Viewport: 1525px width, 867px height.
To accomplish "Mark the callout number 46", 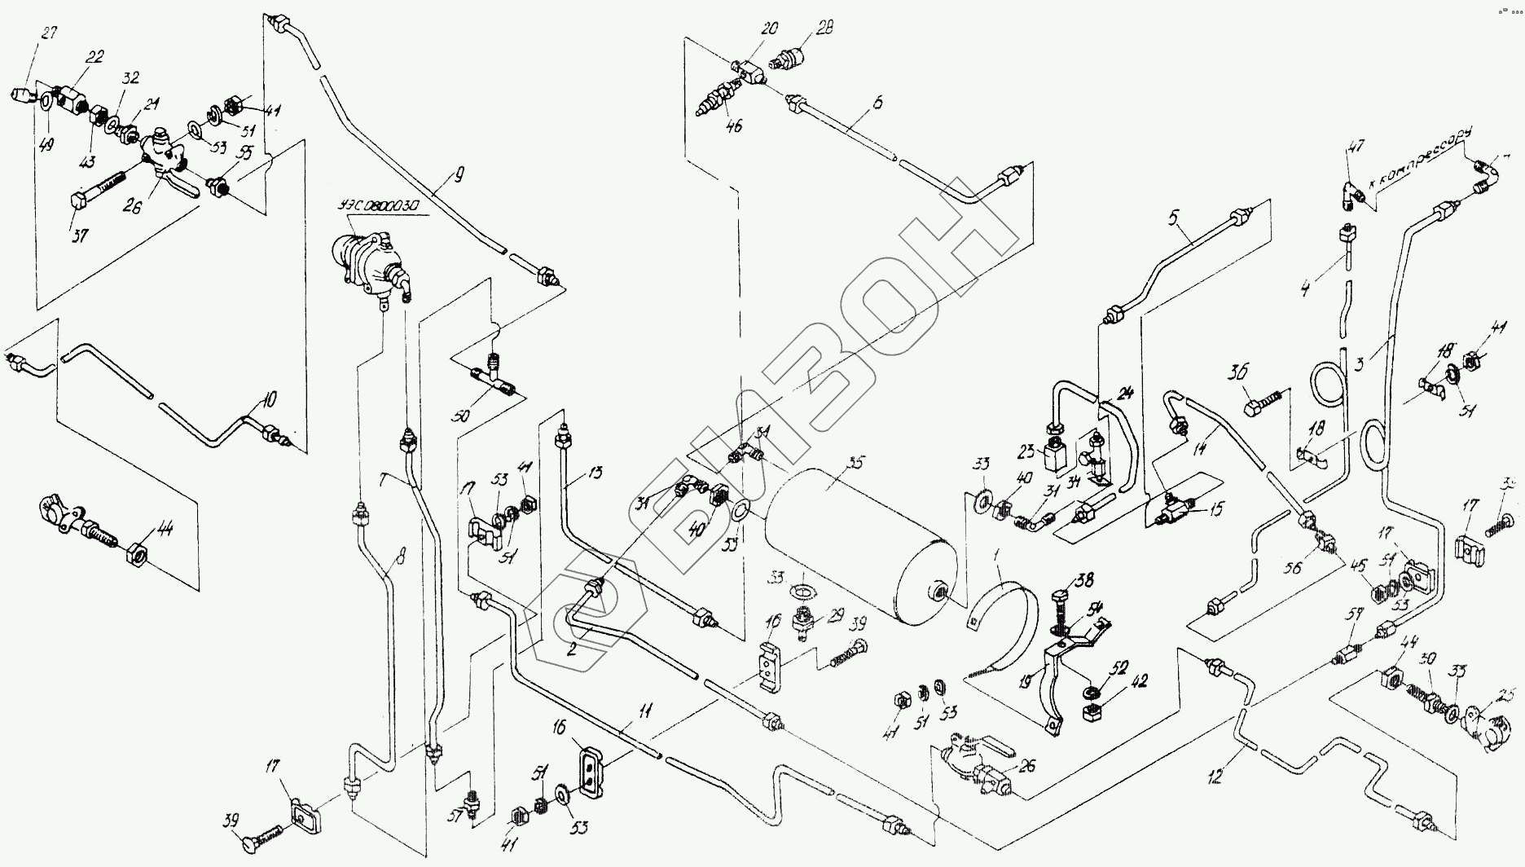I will pyautogui.click(x=734, y=126).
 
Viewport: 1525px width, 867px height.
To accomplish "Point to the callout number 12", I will pyautogui.click(x=1215, y=778).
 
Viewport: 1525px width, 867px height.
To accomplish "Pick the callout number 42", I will pyautogui.click(x=1138, y=681).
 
